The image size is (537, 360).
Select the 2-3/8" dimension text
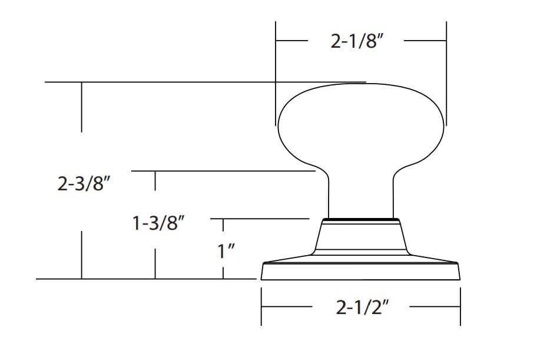click(x=84, y=184)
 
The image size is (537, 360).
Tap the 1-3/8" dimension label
click(x=158, y=223)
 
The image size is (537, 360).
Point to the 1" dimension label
click(x=226, y=252)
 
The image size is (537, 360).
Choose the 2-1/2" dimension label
click(x=362, y=307)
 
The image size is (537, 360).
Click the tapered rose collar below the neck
click(x=361, y=237)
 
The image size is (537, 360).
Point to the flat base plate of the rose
click(x=360, y=271)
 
